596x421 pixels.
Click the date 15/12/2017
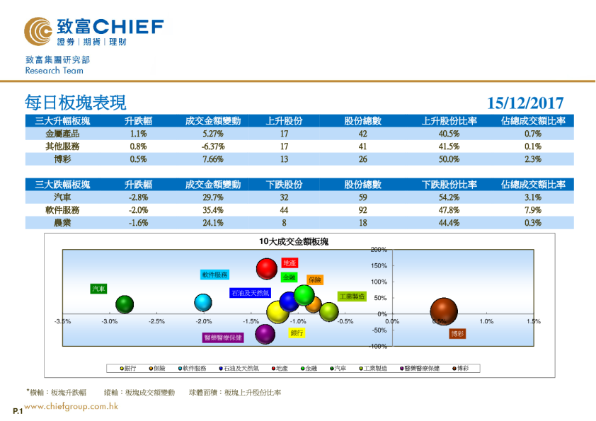pos(525,103)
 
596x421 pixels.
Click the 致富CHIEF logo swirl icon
pos(38,30)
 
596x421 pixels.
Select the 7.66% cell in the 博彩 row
pos(212,159)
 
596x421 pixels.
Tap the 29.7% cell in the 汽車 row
pos(212,197)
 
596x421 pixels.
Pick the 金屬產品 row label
pos(62,134)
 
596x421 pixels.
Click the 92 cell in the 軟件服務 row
pos(363,210)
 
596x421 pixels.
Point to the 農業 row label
pos(62,223)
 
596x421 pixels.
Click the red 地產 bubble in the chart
pos(266,269)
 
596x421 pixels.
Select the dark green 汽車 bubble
pos(125,305)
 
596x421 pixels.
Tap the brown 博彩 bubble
pos(445,311)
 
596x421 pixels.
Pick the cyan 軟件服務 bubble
pos(203,303)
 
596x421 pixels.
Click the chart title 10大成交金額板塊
pos(294,241)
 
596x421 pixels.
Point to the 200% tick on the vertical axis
pos(378,250)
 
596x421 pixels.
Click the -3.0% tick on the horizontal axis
pos(109,321)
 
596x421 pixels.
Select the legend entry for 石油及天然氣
pos(241,368)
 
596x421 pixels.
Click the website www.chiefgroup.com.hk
pos(70,406)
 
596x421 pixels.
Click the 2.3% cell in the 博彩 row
pos(533,159)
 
